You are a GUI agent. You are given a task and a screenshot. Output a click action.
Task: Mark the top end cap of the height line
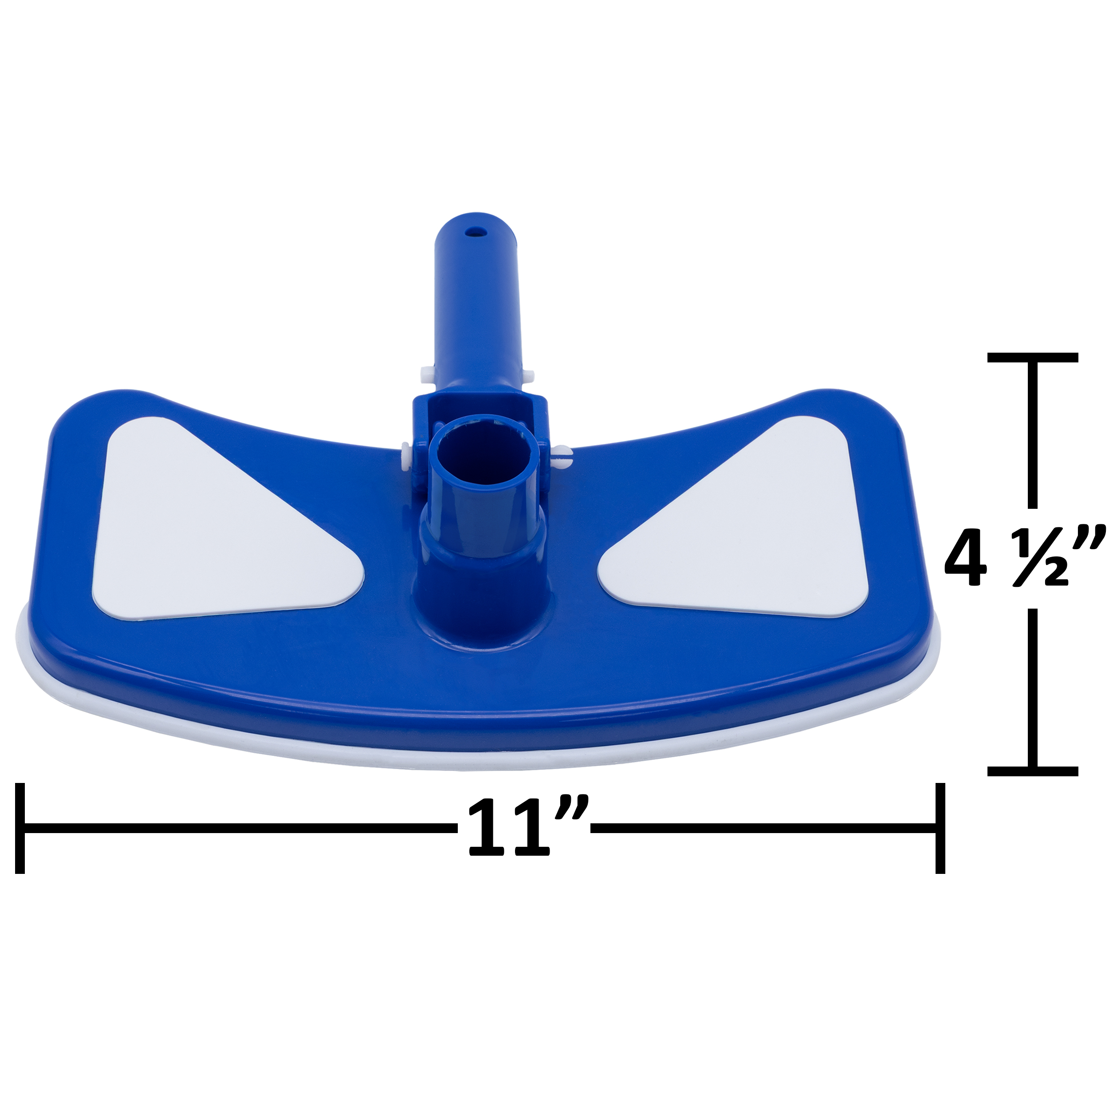tap(1033, 357)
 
